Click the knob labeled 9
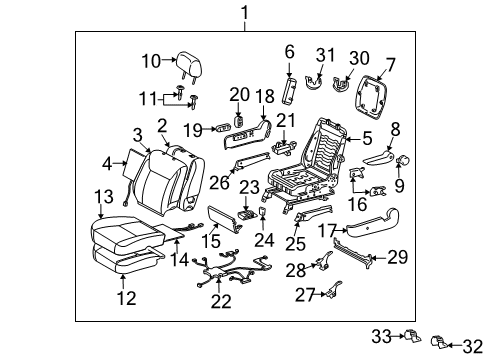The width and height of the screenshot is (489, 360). click(x=406, y=159)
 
